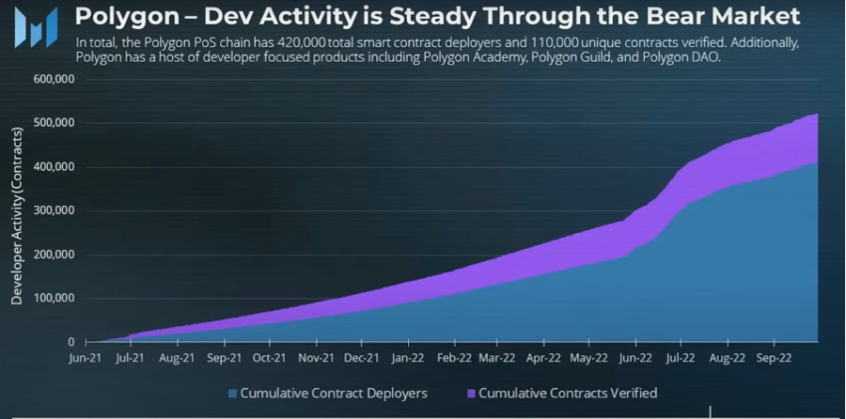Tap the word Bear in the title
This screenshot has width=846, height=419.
point(677,18)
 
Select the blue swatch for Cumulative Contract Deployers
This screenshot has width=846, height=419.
point(233,394)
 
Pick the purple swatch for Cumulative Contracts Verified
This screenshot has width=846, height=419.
point(469,394)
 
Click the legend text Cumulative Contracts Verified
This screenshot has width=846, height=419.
point(567,394)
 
